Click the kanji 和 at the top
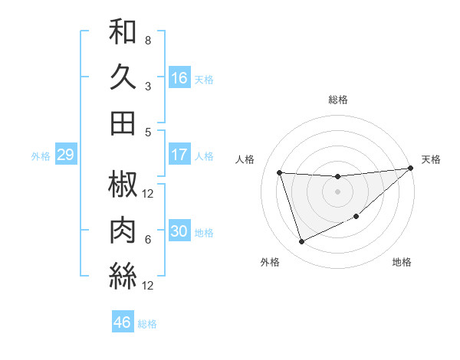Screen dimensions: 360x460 [123, 32]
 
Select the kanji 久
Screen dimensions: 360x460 [123, 77]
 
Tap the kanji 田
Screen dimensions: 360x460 [123, 123]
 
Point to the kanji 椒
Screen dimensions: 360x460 [123, 185]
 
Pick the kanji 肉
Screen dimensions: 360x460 [123, 231]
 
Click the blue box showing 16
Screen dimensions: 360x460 [179, 78]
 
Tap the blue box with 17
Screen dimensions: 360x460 [179, 155]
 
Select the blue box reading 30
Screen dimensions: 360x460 [179, 231]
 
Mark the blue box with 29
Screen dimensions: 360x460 [65, 155]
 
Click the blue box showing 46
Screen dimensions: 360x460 [123, 322]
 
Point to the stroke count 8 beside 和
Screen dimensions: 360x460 [148, 40]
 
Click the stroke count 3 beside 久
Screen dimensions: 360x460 [148, 86]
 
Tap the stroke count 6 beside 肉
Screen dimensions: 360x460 [148, 239]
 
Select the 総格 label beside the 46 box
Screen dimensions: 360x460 [147, 324]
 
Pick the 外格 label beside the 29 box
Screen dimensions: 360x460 [41, 156]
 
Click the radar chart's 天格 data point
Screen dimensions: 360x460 [410, 169]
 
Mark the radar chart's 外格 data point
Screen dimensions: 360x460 [301, 242]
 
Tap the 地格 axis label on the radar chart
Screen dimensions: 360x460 [402, 263]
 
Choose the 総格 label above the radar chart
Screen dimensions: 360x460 [337, 100]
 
